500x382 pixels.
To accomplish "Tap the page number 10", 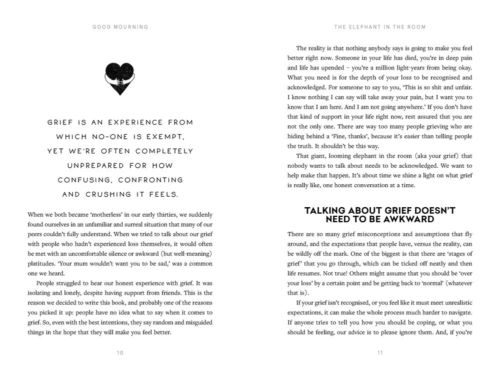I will point(120,353).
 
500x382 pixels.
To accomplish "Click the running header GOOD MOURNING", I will point(120,27).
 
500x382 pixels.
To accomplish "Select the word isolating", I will point(40,293).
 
